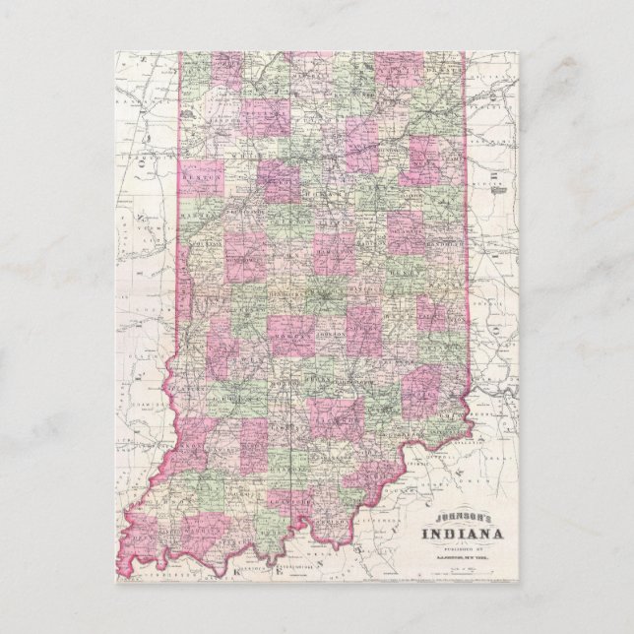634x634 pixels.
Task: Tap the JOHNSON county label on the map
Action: [332, 336]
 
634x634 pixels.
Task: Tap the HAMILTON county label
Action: [336, 252]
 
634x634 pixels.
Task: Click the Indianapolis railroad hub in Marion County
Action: [325, 292]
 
